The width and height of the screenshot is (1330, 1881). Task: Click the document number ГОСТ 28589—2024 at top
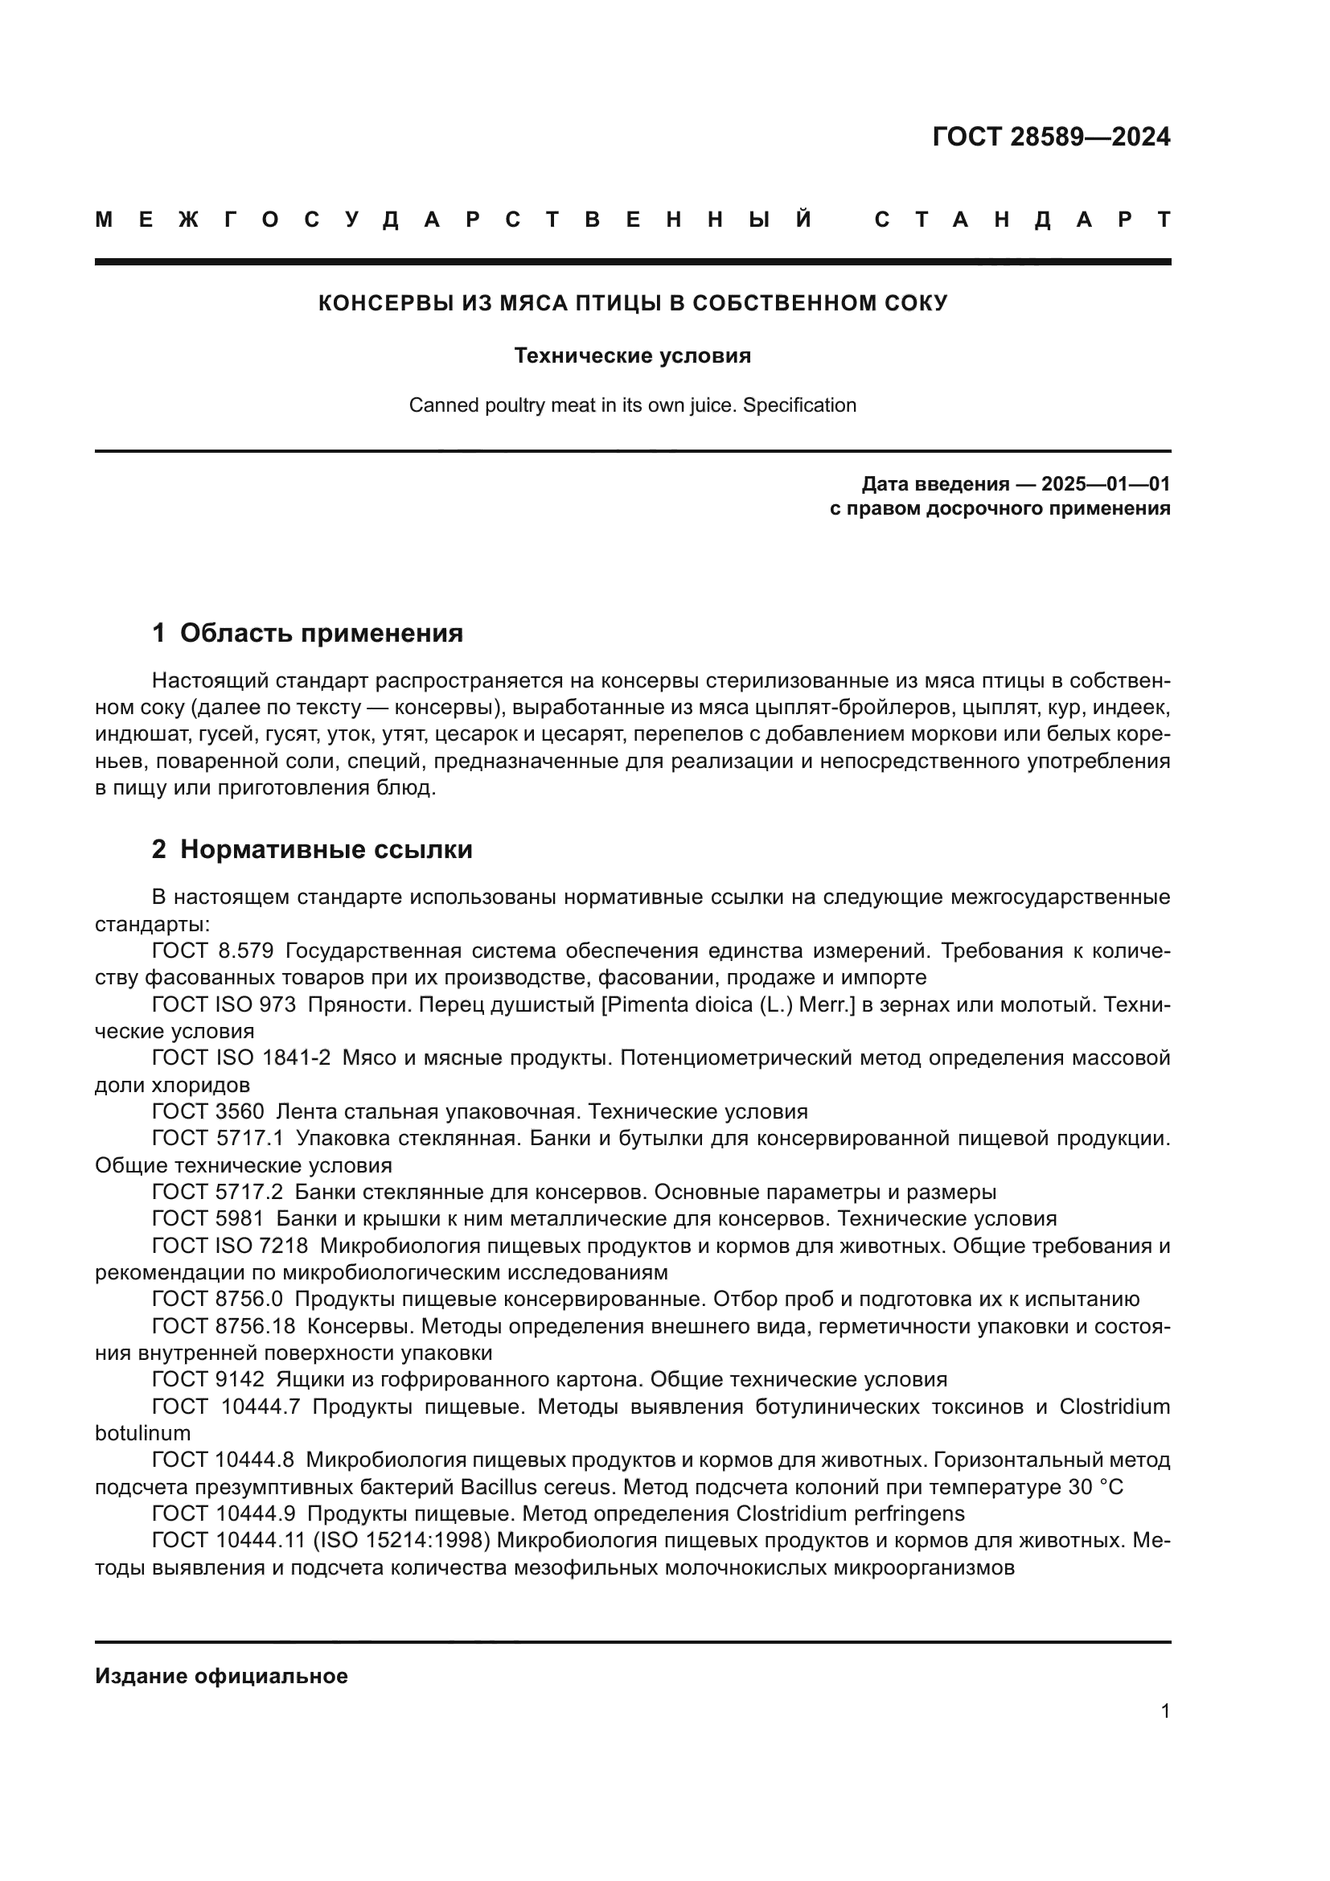pos(1051,137)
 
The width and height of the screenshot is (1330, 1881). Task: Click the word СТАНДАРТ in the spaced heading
pos(1022,220)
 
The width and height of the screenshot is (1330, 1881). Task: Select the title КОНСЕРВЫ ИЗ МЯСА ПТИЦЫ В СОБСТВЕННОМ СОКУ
pos(632,303)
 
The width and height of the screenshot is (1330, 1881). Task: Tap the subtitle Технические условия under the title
pos(632,355)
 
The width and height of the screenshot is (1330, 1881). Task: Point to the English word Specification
pos(799,405)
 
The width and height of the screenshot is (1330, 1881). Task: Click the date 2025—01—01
pos(1106,484)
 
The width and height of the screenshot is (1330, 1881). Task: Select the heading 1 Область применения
pos(307,633)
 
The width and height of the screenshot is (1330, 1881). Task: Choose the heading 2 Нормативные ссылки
pos(312,849)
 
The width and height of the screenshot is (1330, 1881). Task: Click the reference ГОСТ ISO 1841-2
pos(240,1058)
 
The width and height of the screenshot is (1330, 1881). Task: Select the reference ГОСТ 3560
pos(208,1111)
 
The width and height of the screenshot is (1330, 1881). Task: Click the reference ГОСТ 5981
pos(208,1219)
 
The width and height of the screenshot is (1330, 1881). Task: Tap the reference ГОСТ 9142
pos(208,1380)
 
